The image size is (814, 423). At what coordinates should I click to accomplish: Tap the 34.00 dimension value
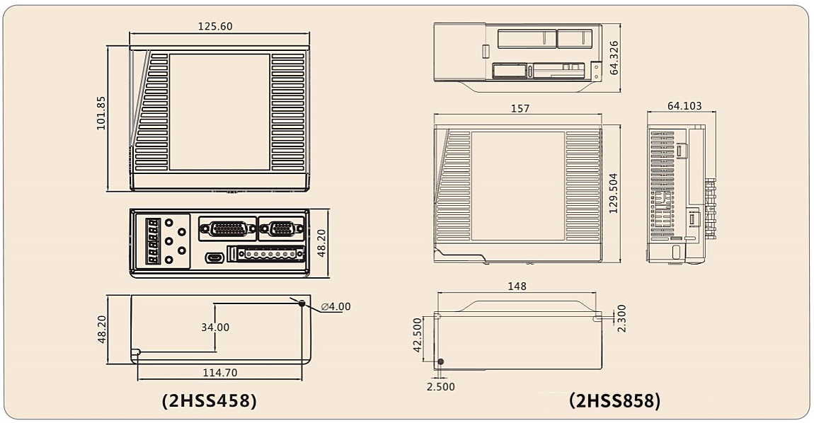pos(214,328)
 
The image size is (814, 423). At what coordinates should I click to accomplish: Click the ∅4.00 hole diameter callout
pos(336,307)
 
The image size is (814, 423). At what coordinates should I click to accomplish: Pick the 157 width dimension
pos(520,108)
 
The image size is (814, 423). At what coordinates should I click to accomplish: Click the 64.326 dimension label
pos(614,57)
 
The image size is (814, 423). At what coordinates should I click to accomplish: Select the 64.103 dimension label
pos(684,106)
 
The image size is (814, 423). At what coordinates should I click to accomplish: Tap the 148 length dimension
pos(517,286)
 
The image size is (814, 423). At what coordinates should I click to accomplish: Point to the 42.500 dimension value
pos(418,335)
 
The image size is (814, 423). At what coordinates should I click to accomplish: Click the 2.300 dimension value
pos(621,318)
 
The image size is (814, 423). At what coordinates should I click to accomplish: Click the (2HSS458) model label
pos(210,400)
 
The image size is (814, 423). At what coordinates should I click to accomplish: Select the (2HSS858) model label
pos(614,400)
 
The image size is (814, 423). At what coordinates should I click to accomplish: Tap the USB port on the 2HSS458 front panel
pos(214,257)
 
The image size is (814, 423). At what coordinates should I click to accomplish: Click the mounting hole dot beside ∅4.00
pos(302,303)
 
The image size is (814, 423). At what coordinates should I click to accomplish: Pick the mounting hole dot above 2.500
pos(440,362)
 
